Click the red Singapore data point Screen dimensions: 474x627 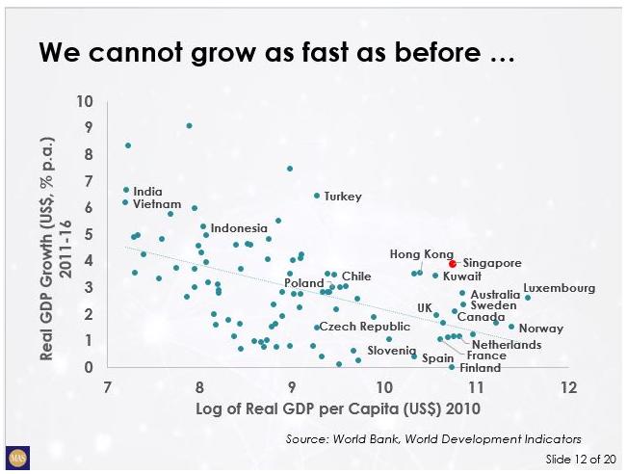(453, 263)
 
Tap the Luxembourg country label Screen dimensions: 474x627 (559, 288)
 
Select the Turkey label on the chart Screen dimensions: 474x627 (343, 197)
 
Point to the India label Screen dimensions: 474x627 (147, 191)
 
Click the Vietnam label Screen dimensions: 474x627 (157, 204)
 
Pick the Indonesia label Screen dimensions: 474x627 (239, 228)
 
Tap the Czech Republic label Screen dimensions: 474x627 (364, 327)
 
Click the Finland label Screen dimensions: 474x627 (480, 368)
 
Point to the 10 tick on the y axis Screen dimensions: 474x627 (86, 100)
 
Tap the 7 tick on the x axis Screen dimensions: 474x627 (107, 387)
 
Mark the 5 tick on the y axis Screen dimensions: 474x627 (89, 234)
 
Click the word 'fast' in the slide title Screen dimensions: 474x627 (310, 55)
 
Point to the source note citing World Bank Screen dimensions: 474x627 (433, 438)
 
